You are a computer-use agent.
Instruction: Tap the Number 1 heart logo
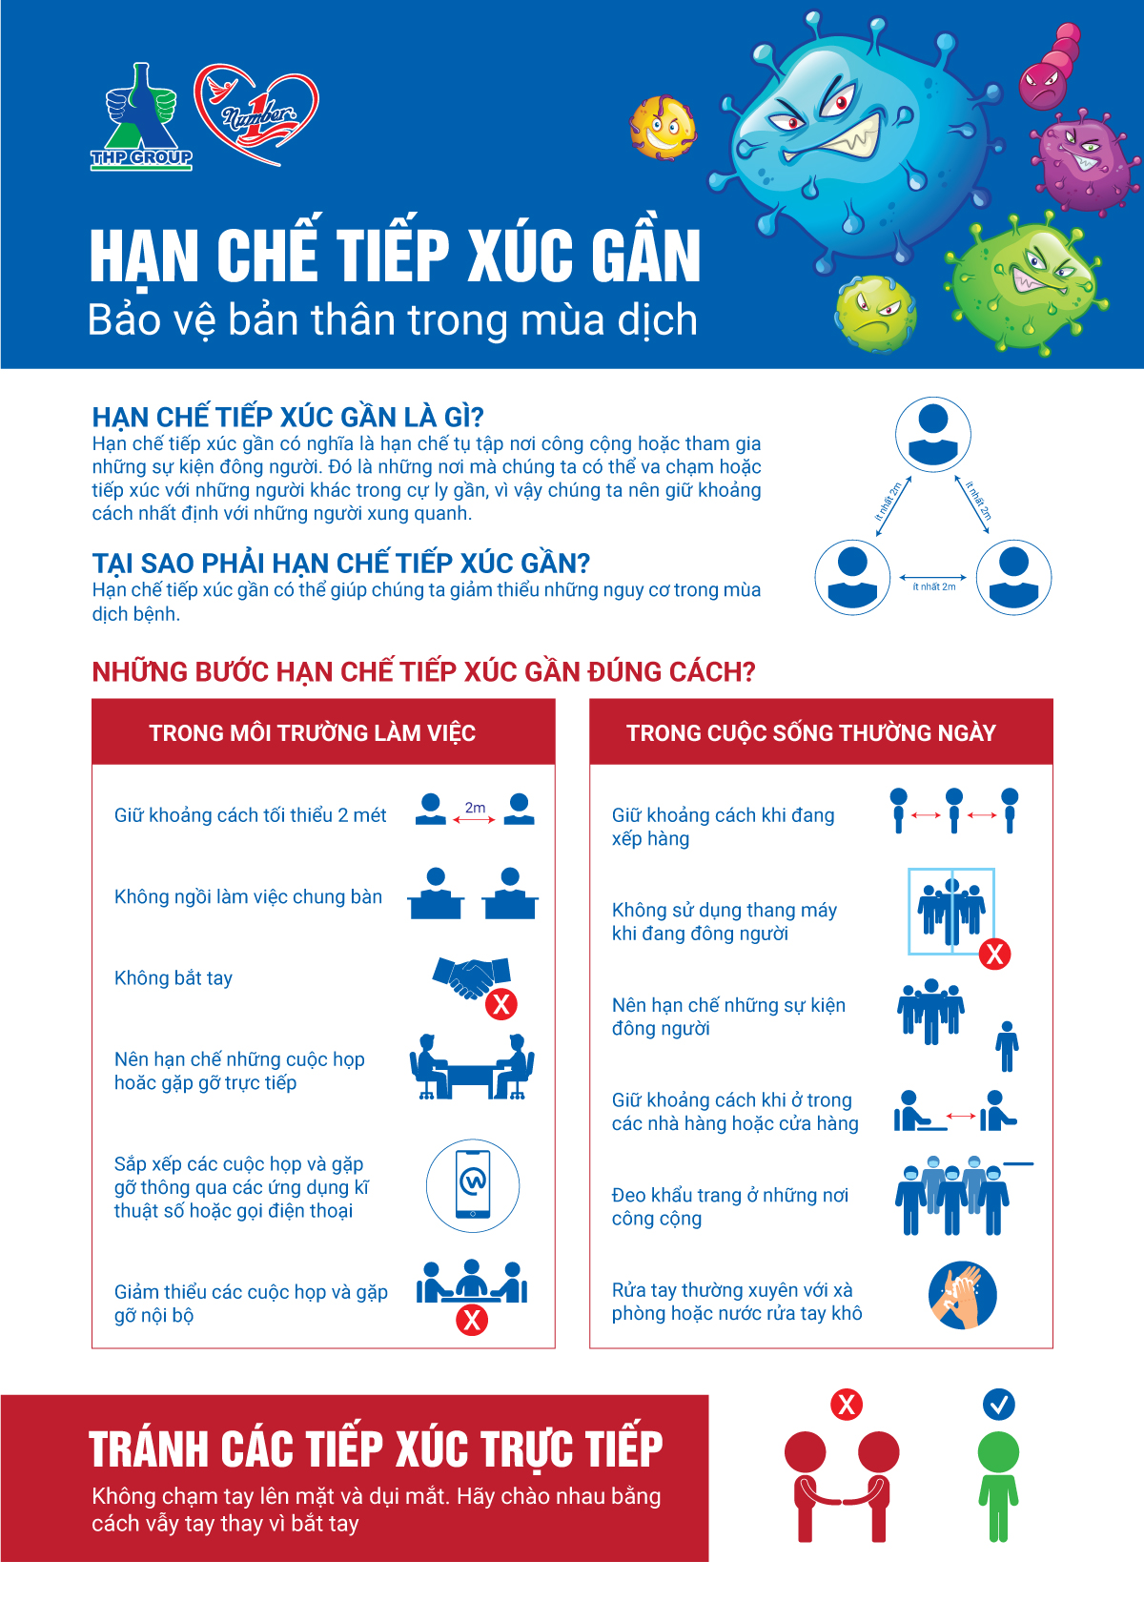[255, 113]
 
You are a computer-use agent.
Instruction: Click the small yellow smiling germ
[663, 128]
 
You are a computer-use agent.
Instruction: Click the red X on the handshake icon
[501, 1003]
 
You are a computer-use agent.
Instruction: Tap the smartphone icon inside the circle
[473, 1184]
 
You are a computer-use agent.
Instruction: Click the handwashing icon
[963, 1295]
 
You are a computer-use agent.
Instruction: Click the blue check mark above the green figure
[998, 1404]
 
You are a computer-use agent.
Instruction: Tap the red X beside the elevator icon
[994, 954]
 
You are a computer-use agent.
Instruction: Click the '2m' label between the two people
[475, 807]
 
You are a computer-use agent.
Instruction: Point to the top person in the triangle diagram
[933, 434]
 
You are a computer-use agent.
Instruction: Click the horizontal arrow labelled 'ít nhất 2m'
[933, 577]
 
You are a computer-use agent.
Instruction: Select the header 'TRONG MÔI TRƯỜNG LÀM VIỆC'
[313, 733]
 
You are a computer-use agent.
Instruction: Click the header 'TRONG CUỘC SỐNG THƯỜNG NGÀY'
[810, 733]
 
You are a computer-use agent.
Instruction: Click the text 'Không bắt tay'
[174, 977]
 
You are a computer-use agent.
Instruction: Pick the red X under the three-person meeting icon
[472, 1320]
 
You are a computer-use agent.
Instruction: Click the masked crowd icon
[952, 1194]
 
